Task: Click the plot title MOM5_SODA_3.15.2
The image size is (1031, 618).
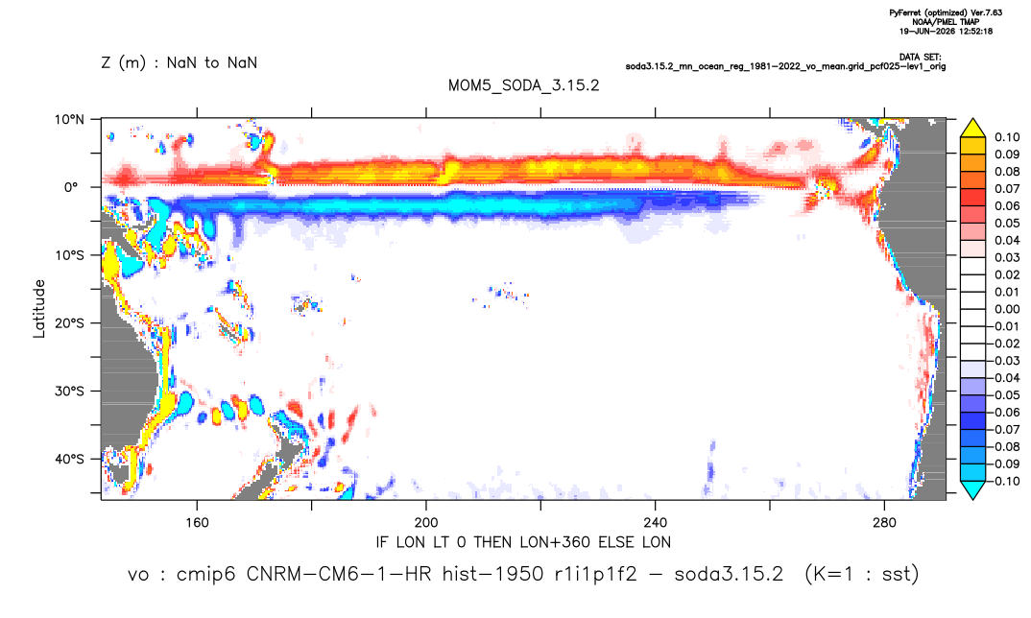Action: coord(523,85)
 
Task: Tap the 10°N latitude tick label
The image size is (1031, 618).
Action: coord(69,119)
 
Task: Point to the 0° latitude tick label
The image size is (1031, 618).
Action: coord(71,187)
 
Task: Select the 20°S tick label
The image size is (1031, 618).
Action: coord(69,323)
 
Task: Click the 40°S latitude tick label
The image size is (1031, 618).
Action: coord(69,459)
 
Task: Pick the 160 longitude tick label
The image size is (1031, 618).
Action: coord(197,523)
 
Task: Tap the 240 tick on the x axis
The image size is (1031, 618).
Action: coord(655,523)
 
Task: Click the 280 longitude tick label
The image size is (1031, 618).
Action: coord(884,523)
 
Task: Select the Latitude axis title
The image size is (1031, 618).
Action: coord(39,309)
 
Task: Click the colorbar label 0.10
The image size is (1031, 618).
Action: coord(1007,137)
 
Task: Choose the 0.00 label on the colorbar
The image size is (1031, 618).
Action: coord(1007,309)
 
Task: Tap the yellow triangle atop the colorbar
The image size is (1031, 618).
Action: coord(972,129)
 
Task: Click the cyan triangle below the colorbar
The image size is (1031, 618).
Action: coord(972,489)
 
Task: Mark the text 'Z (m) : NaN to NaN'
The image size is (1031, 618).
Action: coord(179,63)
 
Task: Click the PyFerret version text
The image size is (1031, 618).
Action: coord(946,12)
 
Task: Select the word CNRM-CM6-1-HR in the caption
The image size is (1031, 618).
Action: coord(339,574)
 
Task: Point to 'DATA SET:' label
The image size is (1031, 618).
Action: coord(920,58)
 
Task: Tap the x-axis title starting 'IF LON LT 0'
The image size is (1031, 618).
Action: coord(523,542)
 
